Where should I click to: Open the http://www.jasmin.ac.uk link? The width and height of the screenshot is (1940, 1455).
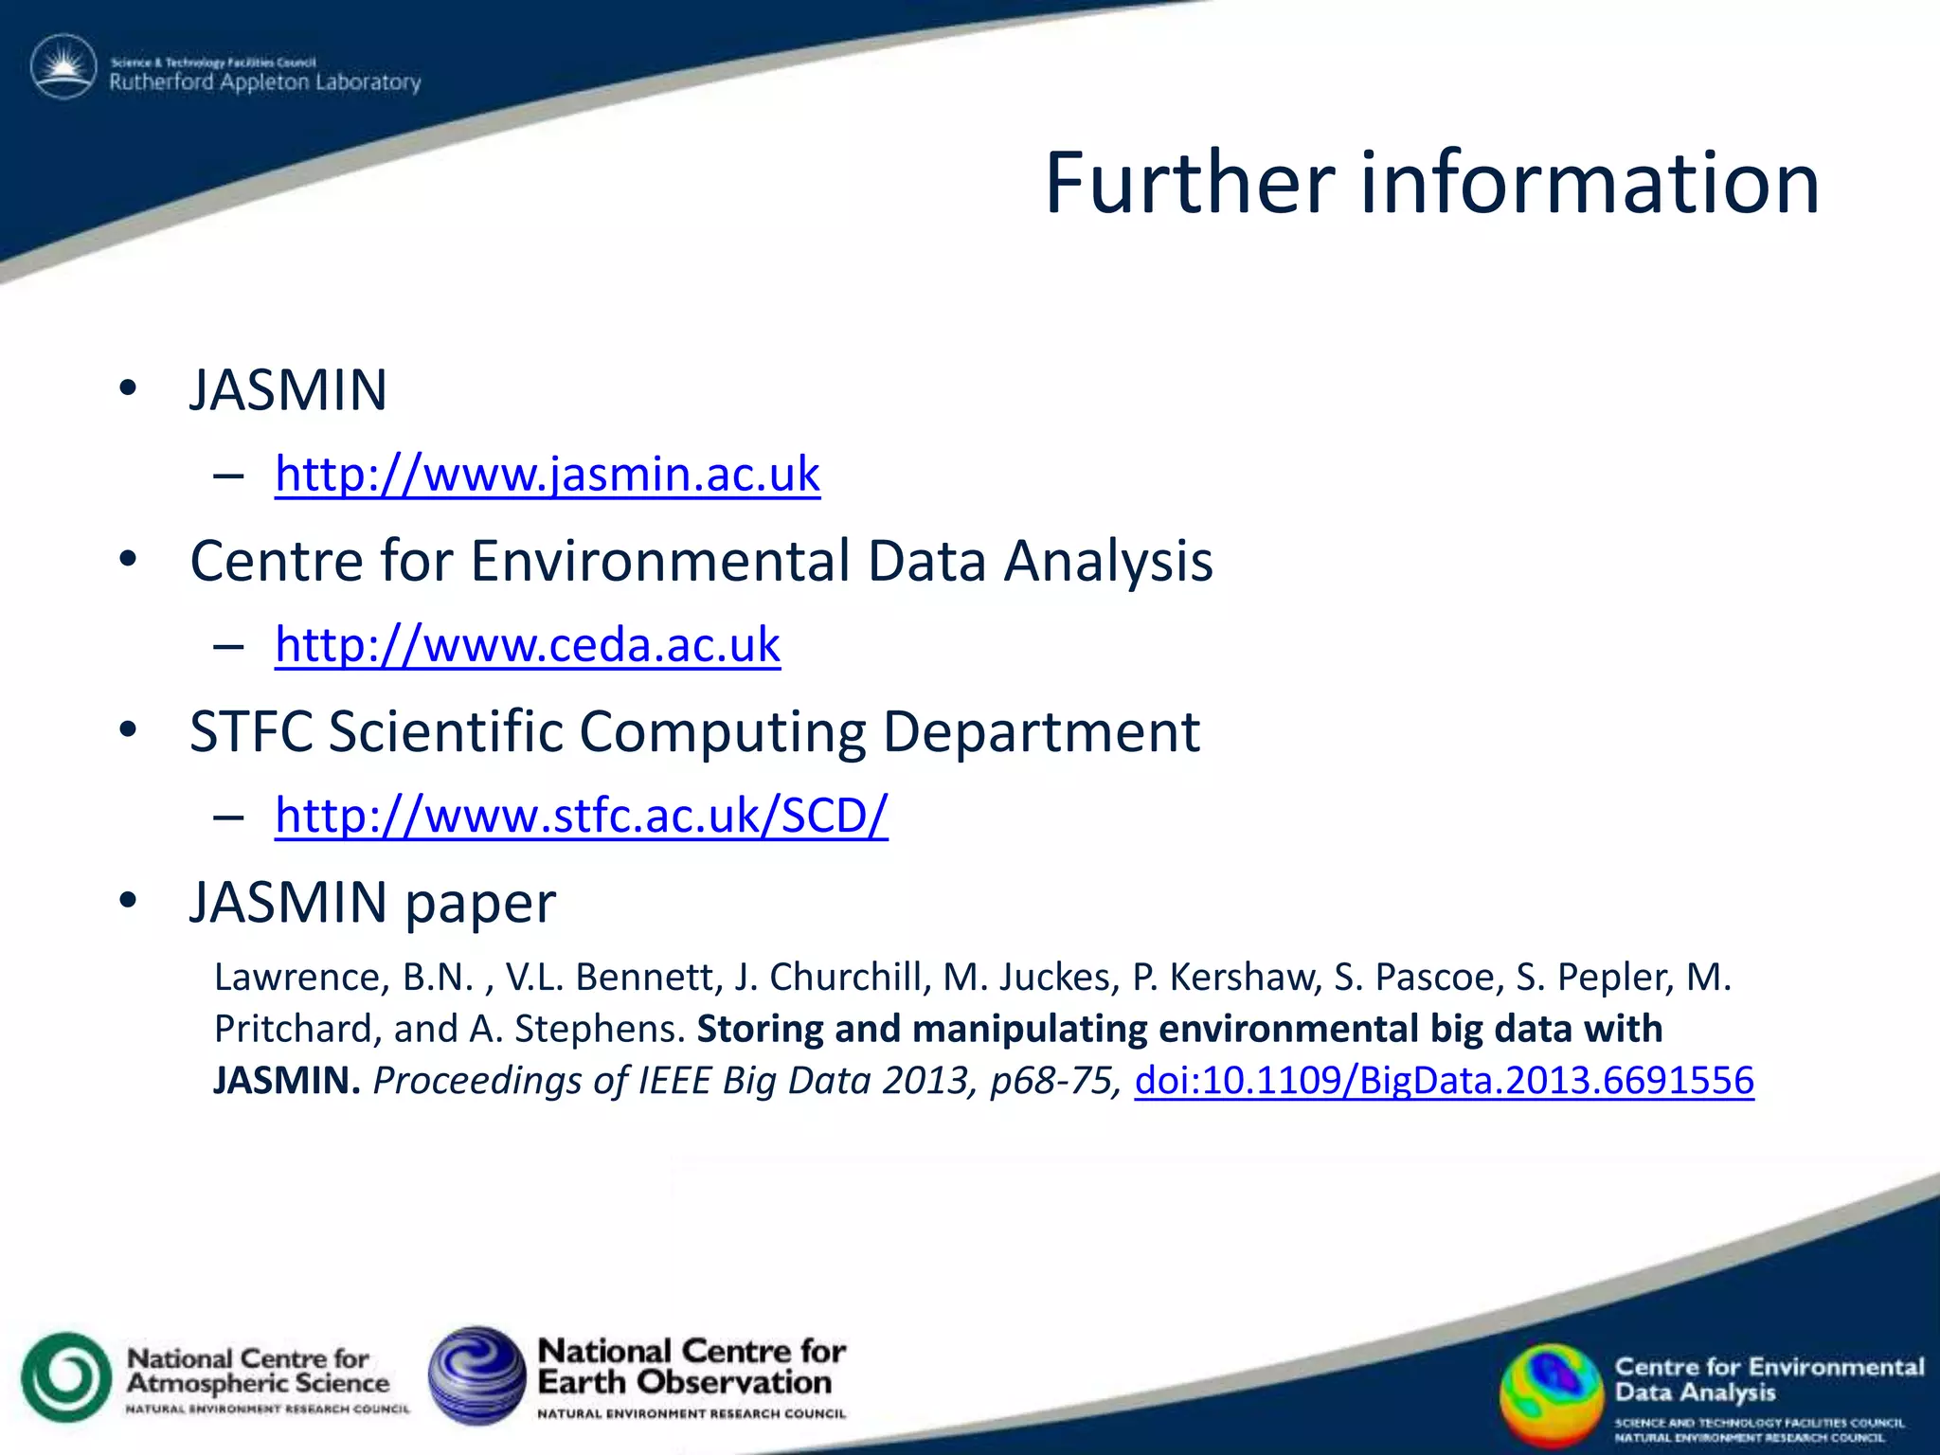tap(548, 474)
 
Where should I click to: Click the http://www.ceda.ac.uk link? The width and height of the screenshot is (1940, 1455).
tap(528, 645)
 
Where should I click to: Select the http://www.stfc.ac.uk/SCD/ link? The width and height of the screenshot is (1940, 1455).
tap(582, 816)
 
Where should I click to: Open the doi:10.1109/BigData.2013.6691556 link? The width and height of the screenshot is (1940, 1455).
tap(1444, 1081)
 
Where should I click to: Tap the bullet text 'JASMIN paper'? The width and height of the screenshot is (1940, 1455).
tap(372, 902)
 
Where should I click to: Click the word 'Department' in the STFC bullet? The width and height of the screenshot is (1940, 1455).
tap(1041, 732)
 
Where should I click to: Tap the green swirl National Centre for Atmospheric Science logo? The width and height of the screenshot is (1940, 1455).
tap(66, 1377)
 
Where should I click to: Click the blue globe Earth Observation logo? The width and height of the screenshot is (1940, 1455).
tap(476, 1375)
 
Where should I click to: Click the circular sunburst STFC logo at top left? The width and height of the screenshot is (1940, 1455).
tap(63, 67)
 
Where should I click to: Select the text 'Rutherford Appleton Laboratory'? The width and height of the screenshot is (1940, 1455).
tap(265, 82)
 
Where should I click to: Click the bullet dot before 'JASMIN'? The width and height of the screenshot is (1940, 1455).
tap(128, 389)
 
